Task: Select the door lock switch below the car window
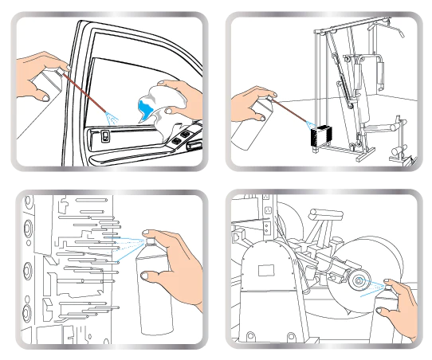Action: click(x=106, y=137)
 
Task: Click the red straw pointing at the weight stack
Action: click(x=291, y=112)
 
